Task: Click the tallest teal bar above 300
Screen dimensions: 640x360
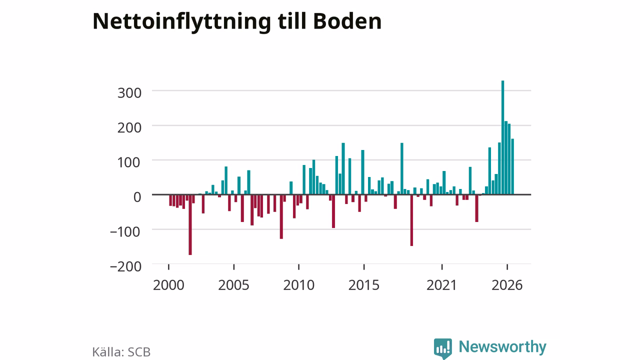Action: tap(502, 137)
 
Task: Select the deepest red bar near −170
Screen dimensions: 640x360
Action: tap(190, 224)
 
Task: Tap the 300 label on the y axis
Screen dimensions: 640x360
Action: tap(129, 93)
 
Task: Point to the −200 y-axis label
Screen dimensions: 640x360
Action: tap(125, 266)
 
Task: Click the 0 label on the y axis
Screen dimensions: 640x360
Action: tap(137, 197)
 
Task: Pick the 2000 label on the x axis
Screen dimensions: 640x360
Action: tap(168, 285)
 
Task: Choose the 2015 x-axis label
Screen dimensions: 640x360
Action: tap(363, 285)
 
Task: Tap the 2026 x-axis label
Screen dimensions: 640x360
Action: tap(507, 285)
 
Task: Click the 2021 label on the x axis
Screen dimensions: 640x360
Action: tap(441, 285)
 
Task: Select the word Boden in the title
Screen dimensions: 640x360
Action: tap(347, 21)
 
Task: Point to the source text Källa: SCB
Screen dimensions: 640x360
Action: tap(121, 351)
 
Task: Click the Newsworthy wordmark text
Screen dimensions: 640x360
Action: tap(502, 347)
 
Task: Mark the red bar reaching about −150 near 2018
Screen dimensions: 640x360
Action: tap(411, 220)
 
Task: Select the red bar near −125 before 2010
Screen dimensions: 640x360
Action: tap(281, 216)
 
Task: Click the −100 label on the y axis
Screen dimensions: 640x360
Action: tap(125, 231)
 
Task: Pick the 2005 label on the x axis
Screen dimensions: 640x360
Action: tap(233, 285)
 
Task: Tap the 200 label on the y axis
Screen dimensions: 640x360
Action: tap(129, 127)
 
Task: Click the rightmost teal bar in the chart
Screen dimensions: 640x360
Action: tap(512, 166)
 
